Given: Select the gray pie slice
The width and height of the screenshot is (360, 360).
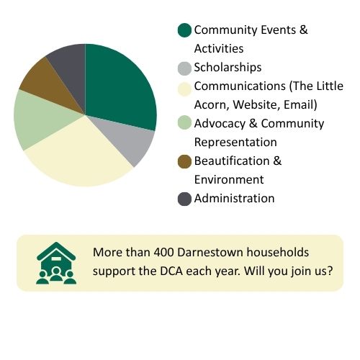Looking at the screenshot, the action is coord(130,139).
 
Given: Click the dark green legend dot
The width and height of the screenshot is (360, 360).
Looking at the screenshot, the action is coord(184,30).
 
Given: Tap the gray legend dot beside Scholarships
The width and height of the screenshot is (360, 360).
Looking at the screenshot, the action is coord(184,68).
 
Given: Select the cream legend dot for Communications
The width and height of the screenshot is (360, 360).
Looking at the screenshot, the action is coord(184,89).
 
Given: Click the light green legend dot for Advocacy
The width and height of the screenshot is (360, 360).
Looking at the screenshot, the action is coord(184,122).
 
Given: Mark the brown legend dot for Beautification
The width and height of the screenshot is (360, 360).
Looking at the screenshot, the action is coord(184,161).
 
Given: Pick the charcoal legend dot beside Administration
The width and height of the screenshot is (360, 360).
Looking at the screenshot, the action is coord(184,199).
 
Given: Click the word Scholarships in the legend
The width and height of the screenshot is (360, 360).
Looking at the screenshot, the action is coord(228,67).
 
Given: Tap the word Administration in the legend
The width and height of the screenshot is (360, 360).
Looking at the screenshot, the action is coord(234,198).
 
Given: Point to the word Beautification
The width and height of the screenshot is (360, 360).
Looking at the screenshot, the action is coord(232,161).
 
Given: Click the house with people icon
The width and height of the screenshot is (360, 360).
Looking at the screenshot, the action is coord(56,263).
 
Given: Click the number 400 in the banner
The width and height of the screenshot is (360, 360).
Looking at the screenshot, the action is coord(164,252).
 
